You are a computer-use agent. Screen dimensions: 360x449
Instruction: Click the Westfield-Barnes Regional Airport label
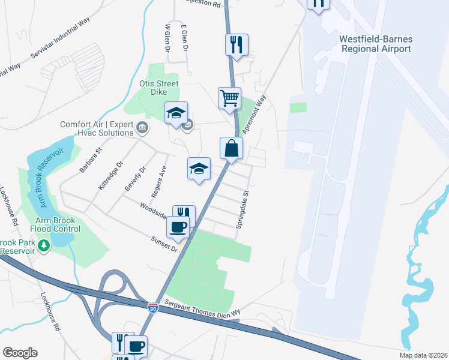[376, 44]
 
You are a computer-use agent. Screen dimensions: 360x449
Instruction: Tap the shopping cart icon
[229, 98]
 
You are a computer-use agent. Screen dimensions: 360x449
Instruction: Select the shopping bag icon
[232, 148]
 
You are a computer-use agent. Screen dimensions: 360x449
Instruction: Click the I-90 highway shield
[154, 306]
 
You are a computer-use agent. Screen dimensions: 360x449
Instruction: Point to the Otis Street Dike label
[158, 88]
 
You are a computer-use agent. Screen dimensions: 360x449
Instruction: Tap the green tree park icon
[44, 245]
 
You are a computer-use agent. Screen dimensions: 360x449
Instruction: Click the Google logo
[20, 353]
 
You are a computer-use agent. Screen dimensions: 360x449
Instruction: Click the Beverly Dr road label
[135, 179]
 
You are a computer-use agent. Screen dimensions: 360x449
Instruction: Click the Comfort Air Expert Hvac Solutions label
[96, 130]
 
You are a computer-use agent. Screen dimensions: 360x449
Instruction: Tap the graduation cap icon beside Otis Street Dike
[176, 113]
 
